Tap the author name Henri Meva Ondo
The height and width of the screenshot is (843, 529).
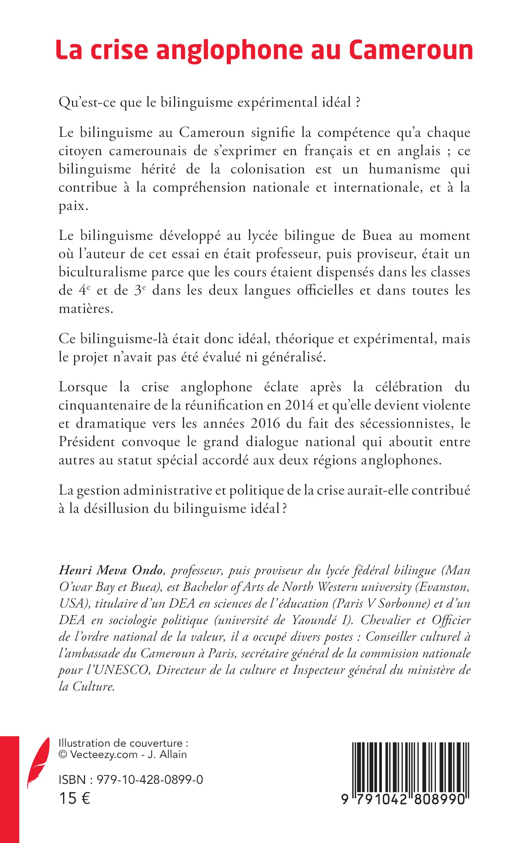(x=111, y=571)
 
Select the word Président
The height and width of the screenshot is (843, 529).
(x=87, y=442)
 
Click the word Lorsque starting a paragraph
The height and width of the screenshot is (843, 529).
(x=83, y=387)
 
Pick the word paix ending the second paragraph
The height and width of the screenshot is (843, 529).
(x=72, y=206)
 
